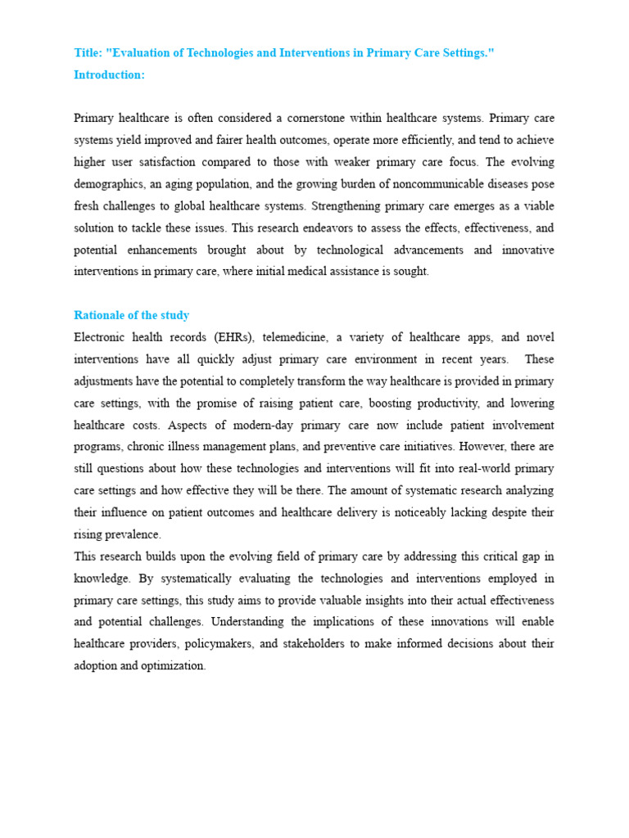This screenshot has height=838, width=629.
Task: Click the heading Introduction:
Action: point(109,74)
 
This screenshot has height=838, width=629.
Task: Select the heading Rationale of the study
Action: point(131,315)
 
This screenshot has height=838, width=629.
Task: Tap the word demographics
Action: point(110,184)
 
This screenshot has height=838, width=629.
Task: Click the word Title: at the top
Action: point(88,53)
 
